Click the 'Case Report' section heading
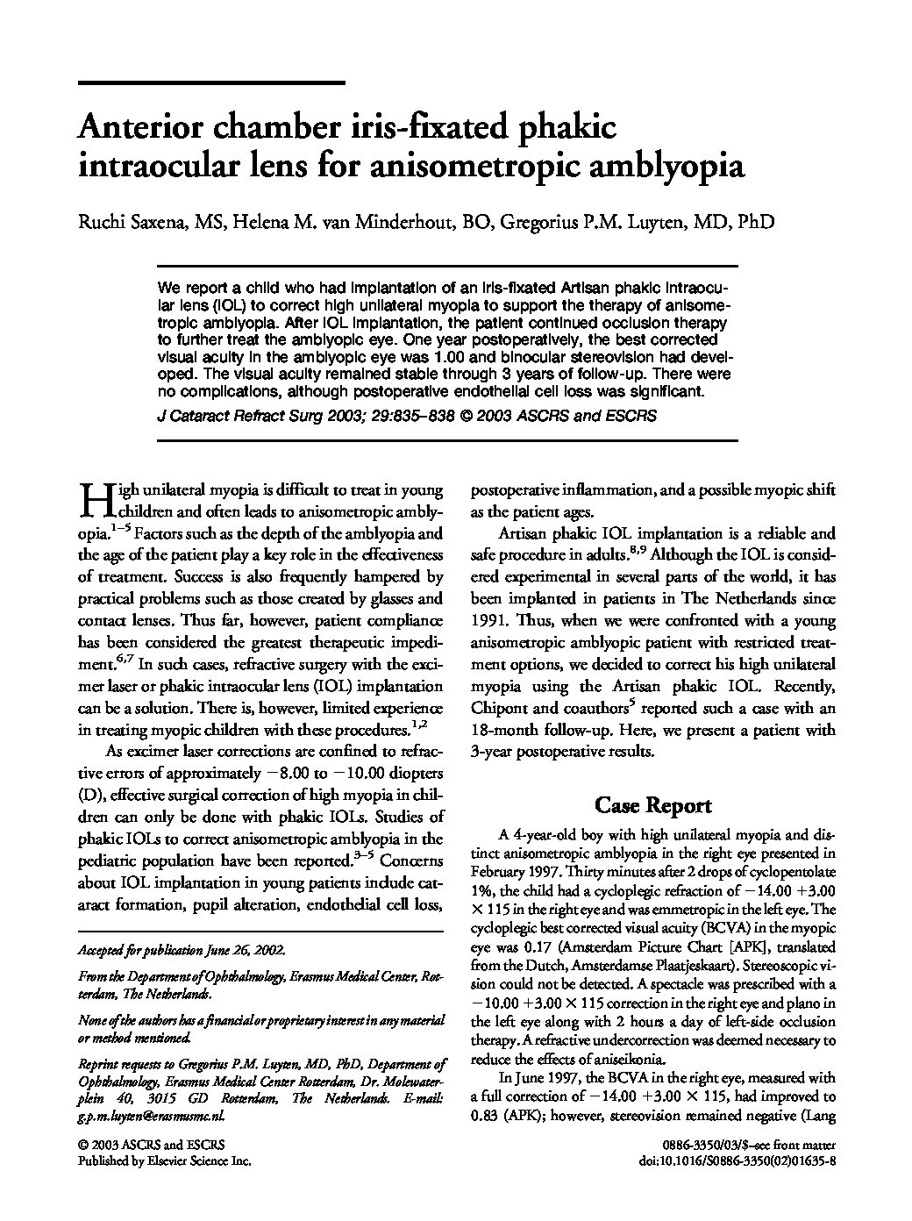click(653, 804)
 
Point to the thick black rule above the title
click(211, 82)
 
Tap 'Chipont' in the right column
click(501, 708)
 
